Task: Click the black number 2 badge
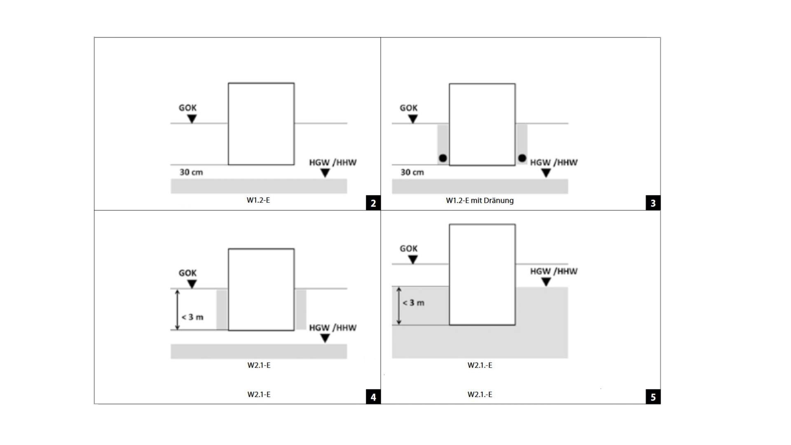click(x=373, y=203)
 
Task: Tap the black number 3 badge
click(x=653, y=203)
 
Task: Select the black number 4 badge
click(x=373, y=397)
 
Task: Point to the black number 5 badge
click(x=653, y=397)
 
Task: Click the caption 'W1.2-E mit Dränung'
click(x=480, y=201)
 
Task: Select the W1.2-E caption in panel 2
click(x=258, y=200)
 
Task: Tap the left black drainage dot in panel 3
click(x=443, y=158)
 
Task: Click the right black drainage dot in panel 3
click(x=522, y=158)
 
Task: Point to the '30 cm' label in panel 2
click(x=191, y=172)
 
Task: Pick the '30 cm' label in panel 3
click(x=412, y=172)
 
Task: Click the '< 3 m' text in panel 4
click(x=192, y=317)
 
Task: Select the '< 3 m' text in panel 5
click(x=413, y=303)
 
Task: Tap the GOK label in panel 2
click(x=187, y=108)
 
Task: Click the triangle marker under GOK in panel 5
click(x=413, y=260)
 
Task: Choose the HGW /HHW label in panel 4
click(x=333, y=328)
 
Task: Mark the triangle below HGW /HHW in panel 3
click(x=546, y=173)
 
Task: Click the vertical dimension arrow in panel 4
click(x=178, y=309)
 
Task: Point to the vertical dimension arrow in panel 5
click(x=398, y=306)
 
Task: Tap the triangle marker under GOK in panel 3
click(x=413, y=119)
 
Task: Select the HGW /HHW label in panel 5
click(x=554, y=272)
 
